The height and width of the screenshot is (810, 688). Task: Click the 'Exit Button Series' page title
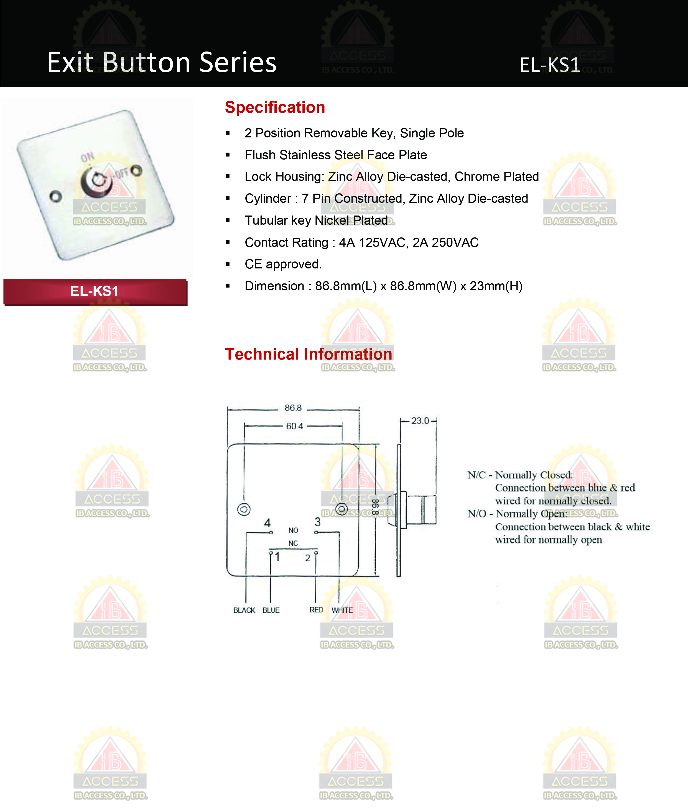tap(162, 62)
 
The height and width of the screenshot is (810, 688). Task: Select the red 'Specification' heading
tap(275, 107)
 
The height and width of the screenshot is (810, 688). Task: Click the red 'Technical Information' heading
tap(308, 354)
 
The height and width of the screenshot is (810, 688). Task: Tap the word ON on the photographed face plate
tap(87, 157)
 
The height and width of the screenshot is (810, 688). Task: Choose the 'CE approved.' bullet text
tap(283, 264)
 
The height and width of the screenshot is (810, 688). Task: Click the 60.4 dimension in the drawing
tap(294, 426)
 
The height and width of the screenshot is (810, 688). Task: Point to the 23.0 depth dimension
tap(420, 421)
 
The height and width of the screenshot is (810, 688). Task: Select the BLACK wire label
tap(244, 610)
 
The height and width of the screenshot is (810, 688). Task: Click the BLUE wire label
tap(271, 610)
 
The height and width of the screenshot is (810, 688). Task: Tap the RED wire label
tap(316, 610)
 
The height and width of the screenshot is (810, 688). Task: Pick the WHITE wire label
tap(342, 610)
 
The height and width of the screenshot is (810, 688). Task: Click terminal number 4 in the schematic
tap(267, 523)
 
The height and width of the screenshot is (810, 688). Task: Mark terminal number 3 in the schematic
tap(317, 522)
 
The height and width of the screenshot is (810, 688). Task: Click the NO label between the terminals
tap(293, 530)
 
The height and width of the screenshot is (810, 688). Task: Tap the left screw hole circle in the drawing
tap(244, 509)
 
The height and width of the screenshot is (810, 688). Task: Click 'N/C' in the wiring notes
tap(476, 475)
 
